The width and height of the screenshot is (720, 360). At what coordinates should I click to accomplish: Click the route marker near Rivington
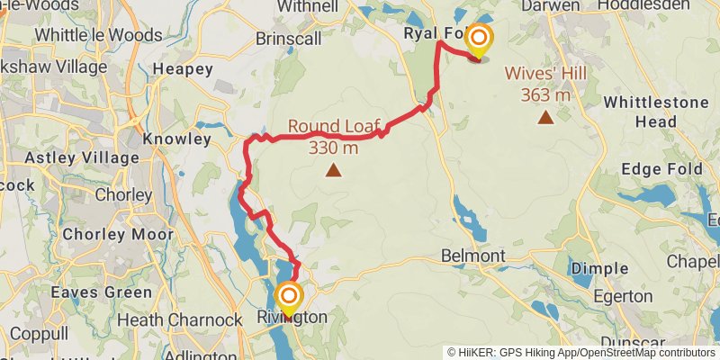click(289, 295)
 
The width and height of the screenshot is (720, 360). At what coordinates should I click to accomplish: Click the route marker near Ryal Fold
click(479, 39)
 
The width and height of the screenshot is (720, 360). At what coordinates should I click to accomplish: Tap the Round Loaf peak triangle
click(334, 169)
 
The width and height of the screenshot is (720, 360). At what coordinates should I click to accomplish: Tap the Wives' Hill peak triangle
click(545, 116)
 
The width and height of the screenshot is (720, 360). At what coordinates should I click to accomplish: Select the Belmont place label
click(472, 256)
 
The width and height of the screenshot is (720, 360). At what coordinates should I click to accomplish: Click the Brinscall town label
click(287, 40)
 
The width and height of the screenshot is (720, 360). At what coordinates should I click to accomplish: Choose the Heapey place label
click(183, 68)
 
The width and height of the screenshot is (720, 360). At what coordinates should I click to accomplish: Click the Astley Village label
click(82, 158)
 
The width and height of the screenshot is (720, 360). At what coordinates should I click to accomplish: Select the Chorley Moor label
click(118, 235)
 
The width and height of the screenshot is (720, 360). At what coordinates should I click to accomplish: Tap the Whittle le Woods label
click(98, 35)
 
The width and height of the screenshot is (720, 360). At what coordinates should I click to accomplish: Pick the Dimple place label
click(599, 268)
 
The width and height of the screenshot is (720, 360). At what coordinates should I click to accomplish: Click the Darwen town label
click(550, 6)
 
